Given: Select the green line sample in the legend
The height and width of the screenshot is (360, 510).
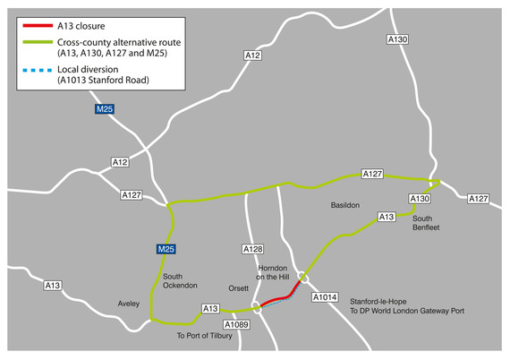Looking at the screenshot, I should click(37, 42).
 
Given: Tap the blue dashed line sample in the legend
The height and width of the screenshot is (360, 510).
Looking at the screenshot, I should click(37, 69).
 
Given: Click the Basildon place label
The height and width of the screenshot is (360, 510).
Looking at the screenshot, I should click(344, 205).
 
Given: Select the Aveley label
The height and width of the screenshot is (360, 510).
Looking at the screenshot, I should click(129, 304).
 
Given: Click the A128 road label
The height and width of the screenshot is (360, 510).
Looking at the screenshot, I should click(253, 249).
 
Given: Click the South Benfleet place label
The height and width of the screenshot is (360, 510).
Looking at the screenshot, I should click(426, 222).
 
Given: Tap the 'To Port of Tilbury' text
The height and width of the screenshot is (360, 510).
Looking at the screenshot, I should click(205, 336).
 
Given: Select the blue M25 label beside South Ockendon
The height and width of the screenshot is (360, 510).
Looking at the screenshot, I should click(166, 249).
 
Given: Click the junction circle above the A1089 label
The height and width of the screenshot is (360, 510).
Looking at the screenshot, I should click(257, 307).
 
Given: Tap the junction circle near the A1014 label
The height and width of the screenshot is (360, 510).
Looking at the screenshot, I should click(303, 277).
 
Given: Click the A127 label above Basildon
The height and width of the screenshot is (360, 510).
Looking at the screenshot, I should click(372, 174).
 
